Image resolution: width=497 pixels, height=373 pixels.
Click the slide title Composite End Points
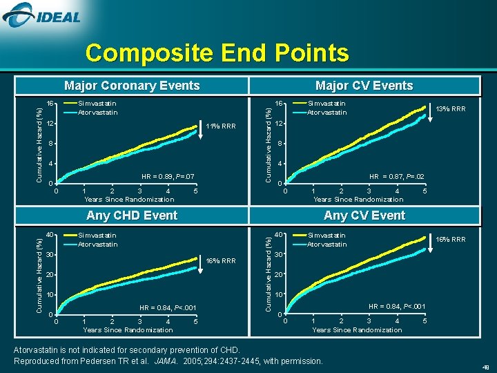(x=217, y=53)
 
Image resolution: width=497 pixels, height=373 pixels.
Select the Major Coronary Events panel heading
(x=132, y=86)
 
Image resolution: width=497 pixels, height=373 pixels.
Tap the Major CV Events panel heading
(x=364, y=86)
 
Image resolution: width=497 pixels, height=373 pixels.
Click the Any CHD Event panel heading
(x=132, y=216)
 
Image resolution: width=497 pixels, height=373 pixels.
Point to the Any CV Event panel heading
(x=364, y=216)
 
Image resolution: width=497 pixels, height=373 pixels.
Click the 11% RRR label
(x=221, y=126)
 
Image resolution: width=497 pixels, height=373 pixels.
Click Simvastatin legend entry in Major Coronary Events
(x=97, y=104)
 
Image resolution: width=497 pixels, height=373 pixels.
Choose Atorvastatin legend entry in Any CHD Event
(x=97, y=245)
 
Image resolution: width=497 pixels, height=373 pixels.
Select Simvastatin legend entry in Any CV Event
(x=327, y=236)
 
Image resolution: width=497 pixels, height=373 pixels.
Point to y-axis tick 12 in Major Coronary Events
(x=50, y=124)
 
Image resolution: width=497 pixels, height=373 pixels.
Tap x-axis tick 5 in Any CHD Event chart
(x=196, y=322)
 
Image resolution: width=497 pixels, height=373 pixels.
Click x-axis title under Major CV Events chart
(x=358, y=200)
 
